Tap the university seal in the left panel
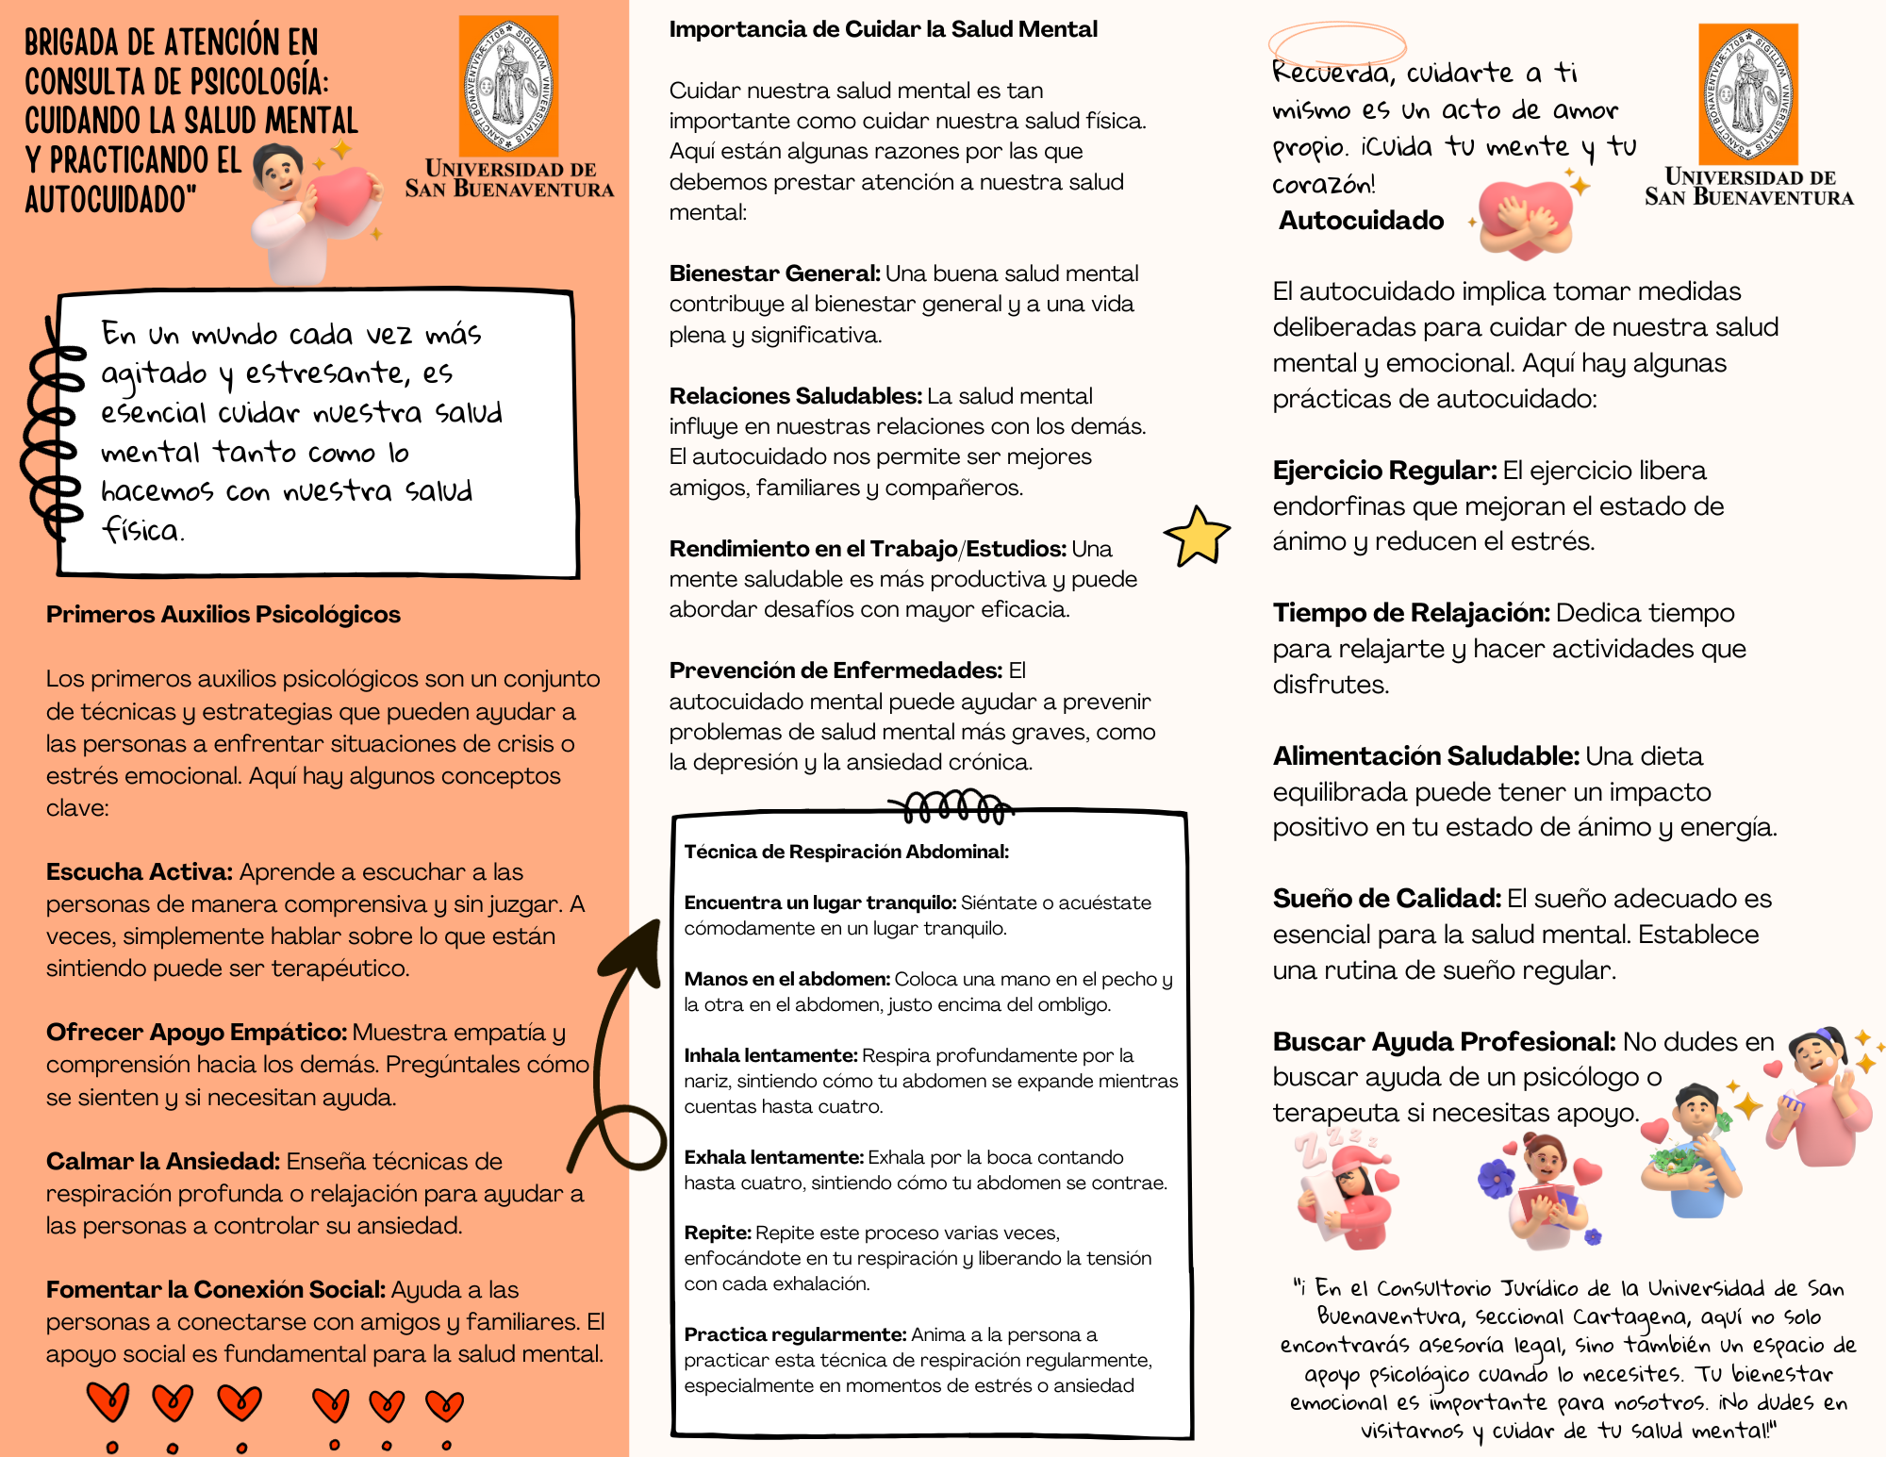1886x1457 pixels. tap(508, 87)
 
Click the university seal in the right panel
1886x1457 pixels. tap(1747, 94)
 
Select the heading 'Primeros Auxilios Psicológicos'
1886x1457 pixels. tap(223, 615)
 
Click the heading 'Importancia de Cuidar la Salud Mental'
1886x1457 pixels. tap(883, 29)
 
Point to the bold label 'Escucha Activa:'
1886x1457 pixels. tap(139, 872)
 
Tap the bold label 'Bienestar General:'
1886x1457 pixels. tap(774, 273)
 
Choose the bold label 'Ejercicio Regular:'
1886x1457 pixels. tap(1383, 471)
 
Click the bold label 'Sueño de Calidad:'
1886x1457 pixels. tap(1386, 899)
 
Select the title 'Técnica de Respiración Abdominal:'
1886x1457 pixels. tap(846, 853)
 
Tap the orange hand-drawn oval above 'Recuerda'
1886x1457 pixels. tap(1336, 43)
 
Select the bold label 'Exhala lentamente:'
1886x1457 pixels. tap(773, 1157)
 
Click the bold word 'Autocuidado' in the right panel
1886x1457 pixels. tap(1361, 221)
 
